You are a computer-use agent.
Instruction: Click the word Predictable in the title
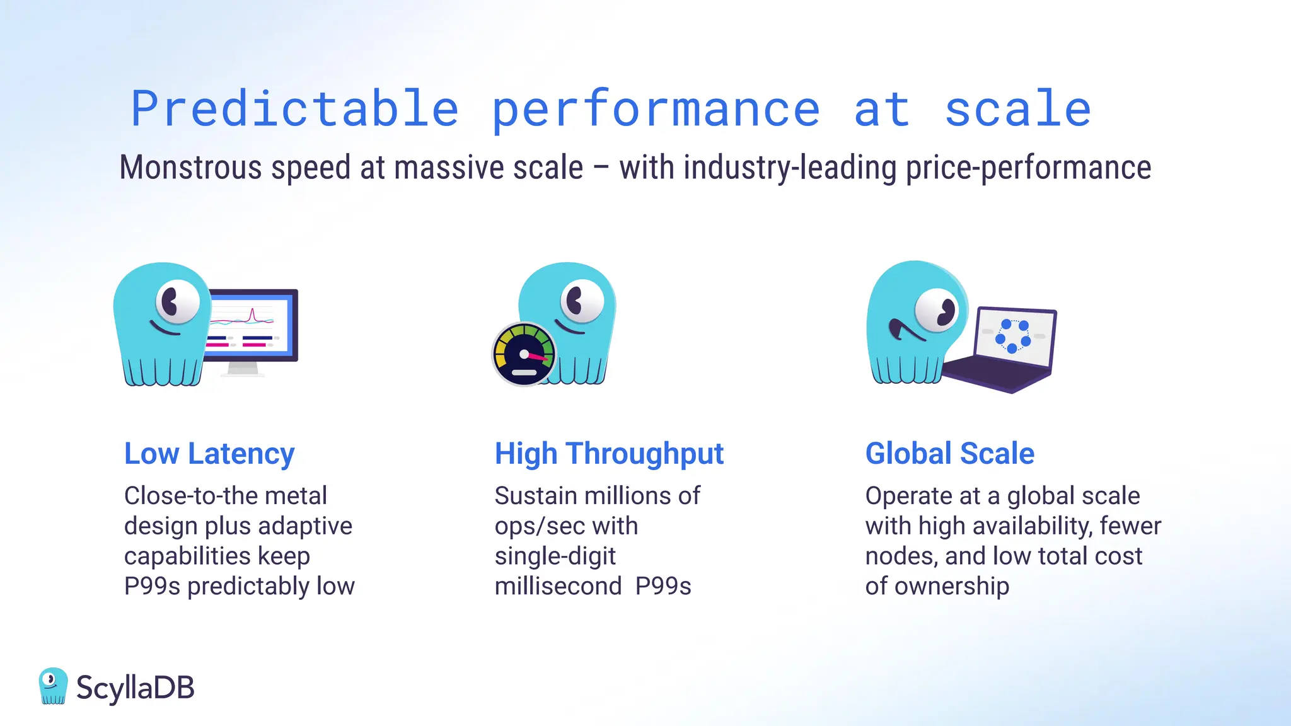point(294,109)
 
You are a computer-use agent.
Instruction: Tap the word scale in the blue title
point(1017,109)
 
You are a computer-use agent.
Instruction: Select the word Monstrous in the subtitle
point(190,168)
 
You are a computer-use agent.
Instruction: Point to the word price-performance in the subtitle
point(1028,168)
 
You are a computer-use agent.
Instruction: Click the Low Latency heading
point(209,454)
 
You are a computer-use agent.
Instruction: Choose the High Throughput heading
point(609,454)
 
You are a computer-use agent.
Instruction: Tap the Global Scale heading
point(949,454)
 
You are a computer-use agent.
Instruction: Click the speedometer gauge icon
point(524,355)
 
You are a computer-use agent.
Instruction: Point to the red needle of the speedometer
point(538,357)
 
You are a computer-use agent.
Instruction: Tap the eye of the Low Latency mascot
point(177,301)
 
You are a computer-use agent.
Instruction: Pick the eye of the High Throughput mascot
point(581,301)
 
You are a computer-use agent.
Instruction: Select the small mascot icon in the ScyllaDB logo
point(53,686)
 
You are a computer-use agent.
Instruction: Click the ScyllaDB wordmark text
point(135,688)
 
